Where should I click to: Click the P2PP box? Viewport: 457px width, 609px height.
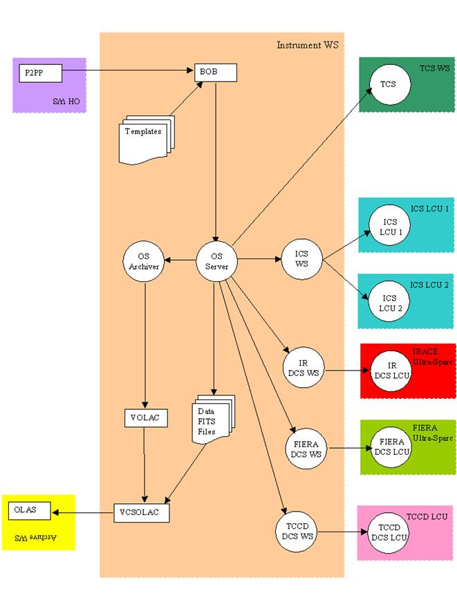click(x=40, y=73)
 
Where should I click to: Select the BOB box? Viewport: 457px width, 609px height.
click(x=216, y=73)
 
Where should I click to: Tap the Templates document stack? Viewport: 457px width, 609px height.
click(x=147, y=140)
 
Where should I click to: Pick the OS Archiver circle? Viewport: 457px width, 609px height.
click(x=144, y=261)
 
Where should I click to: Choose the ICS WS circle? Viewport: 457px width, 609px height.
click(x=301, y=259)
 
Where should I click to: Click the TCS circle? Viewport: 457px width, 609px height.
click(x=390, y=84)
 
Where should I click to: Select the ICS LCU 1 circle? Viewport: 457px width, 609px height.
click(x=390, y=225)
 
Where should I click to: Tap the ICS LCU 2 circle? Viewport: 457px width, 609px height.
click(x=389, y=301)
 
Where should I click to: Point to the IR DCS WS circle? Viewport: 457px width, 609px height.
click(x=304, y=368)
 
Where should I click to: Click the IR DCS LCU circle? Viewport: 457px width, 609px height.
click(x=391, y=371)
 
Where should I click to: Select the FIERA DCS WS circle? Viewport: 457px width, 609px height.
click(x=306, y=449)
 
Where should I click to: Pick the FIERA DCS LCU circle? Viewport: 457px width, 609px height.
click(x=391, y=447)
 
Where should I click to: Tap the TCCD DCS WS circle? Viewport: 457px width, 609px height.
click(x=297, y=532)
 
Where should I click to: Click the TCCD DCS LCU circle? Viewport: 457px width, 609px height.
click(x=389, y=533)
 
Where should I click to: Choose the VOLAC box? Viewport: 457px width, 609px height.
click(x=146, y=418)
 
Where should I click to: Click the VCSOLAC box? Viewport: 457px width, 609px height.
click(x=142, y=513)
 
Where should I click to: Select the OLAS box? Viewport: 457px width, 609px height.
click(x=30, y=511)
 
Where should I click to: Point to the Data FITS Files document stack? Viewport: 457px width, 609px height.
click(x=214, y=420)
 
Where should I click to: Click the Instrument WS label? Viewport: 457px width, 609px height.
click(x=308, y=45)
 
